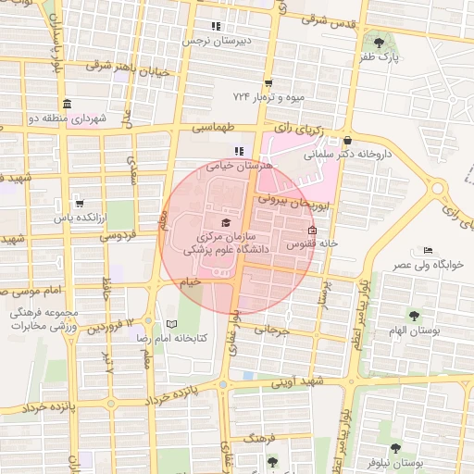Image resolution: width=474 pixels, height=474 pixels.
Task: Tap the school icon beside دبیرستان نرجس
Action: [x=216, y=26]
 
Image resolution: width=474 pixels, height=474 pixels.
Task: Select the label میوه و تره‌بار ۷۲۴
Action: [x=268, y=96]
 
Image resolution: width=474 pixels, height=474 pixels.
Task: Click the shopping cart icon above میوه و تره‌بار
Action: [x=268, y=82]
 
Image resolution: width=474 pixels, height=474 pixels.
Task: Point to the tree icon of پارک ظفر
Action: [x=378, y=42]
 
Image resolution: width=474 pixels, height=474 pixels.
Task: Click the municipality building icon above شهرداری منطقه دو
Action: [x=66, y=104]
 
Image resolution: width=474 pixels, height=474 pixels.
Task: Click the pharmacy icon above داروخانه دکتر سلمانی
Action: [x=348, y=141]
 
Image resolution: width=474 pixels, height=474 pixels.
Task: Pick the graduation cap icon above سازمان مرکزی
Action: [x=227, y=222]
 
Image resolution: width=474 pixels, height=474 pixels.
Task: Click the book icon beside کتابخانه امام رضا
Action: [x=170, y=324]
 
